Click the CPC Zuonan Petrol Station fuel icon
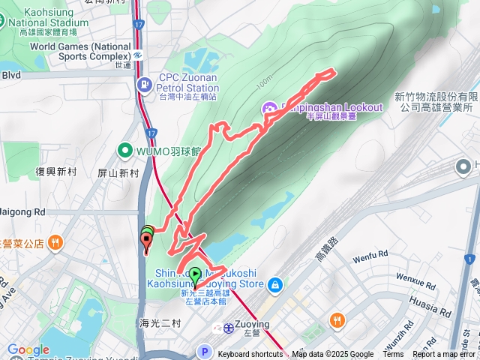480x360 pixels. pos(143,83)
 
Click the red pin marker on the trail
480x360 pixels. pos(146,241)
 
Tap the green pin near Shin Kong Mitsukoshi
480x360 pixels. pos(196,274)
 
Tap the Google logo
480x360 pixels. pos(28,350)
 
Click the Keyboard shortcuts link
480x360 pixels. pos(250,355)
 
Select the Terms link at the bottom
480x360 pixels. pos(393,355)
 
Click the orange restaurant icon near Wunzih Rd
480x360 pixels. pos(337,319)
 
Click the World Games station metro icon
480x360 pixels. pos(139,55)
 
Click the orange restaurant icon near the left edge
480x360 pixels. pos(55,242)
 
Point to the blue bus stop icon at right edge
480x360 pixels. pos(470,259)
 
